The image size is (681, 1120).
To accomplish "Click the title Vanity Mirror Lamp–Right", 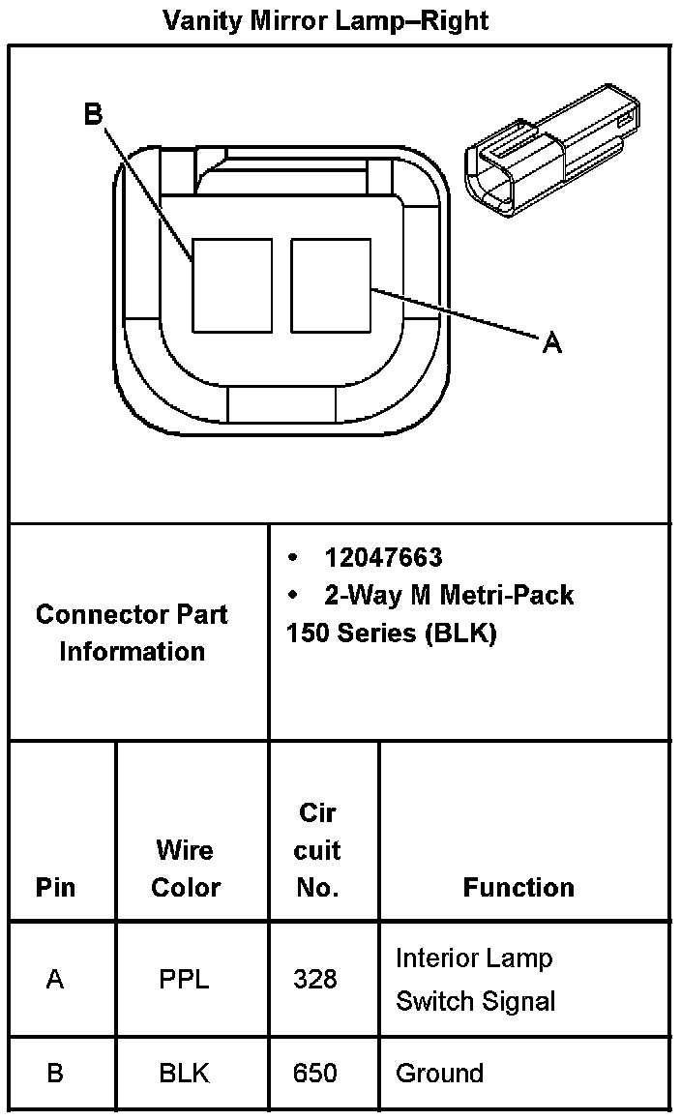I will (x=325, y=20).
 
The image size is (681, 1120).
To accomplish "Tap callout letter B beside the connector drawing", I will (x=93, y=114).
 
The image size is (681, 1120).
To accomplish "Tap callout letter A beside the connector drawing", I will (x=551, y=342).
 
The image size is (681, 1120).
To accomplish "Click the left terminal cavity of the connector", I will (x=232, y=284).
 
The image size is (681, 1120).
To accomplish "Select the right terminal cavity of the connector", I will (x=331, y=284).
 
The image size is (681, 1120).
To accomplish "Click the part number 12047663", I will (x=383, y=557).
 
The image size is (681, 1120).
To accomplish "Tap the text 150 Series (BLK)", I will (x=391, y=634).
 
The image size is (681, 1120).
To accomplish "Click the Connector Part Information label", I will (x=133, y=633).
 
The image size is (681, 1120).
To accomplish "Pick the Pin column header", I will (x=55, y=887).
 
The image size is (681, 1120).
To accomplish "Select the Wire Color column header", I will (x=186, y=869).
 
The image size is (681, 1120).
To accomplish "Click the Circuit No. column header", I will (x=317, y=850).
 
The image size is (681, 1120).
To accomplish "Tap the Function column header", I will (x=518, y=887).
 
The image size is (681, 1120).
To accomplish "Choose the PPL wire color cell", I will (x=184, y=979).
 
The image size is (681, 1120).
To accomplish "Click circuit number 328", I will (x=315, y=979).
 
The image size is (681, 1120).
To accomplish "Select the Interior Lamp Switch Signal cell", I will (x=475, y=979).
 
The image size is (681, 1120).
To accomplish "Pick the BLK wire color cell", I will (x=184, y=1073).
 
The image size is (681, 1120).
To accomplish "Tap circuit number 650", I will (x=315, y=1073).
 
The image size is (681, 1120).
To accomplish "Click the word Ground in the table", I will (x=439, y=1073).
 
